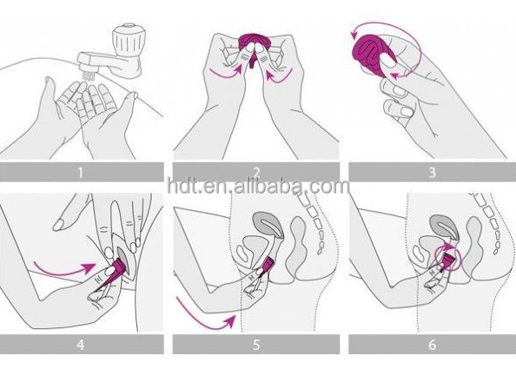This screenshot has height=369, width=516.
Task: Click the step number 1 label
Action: pyautogui.click(x=80, y=172)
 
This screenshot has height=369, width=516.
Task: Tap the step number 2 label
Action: pyautogui.click(x=256, y=172)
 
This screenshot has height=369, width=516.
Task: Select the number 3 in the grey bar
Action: pyautogui.click(x=433, y=172)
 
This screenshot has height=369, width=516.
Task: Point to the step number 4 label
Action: pyautogui.click(x=80, y=345)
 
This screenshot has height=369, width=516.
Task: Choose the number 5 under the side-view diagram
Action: pyautogui.click(x=256, y=345)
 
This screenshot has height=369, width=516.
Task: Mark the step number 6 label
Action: pyautogui.click(x=433, y=345)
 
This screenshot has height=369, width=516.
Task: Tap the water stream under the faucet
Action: pyautogui.click(x=88, y=76)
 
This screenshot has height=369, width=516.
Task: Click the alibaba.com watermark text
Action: pyautogui.click(x=258, y=186)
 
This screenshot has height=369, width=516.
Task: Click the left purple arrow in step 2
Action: pyautogui.click(x=227, y=71)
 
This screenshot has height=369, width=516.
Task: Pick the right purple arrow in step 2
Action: pyautogui.click(x=279, y=76)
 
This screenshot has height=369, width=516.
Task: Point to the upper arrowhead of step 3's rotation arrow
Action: pyautogui.click(x=354, y=34)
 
